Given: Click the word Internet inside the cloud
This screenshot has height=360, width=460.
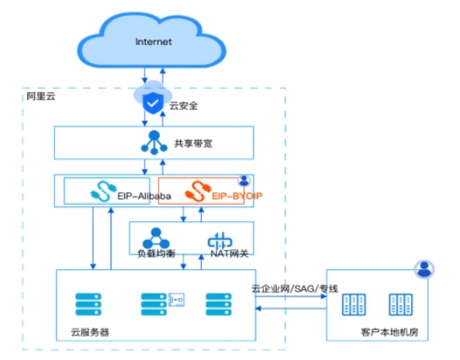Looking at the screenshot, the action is point(154,42).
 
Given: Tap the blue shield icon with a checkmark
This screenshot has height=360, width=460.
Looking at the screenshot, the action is point(153,103).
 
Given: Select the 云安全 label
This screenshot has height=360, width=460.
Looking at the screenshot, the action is point(184,106).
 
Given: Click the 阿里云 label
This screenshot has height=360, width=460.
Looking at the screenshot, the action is point(41,96).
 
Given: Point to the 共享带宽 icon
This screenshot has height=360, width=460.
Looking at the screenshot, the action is point(154,143).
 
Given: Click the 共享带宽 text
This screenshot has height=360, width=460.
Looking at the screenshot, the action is point(193,144).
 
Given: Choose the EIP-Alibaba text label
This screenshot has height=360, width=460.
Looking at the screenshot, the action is point(144,196).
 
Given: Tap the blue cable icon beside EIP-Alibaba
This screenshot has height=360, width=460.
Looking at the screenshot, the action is point(104,192).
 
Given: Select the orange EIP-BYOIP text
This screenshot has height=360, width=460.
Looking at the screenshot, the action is point(237,196).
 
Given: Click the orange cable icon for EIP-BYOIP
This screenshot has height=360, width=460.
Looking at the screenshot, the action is point(198,192).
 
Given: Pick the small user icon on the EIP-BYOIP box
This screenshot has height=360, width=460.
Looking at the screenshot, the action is point(244,181).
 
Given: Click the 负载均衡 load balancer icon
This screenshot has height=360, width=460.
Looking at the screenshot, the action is point(156,238).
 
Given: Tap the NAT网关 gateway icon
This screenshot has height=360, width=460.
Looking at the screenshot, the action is point(220,241).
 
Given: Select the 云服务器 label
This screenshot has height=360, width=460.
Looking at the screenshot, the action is point(90,332).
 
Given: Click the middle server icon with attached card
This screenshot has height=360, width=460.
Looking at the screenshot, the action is point(163,304).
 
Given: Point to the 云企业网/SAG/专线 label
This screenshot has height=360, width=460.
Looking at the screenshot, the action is point(295,289).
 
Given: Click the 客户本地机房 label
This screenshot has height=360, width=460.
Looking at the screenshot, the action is point(389,332).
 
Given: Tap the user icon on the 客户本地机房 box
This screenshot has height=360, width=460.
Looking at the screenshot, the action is point(424,269).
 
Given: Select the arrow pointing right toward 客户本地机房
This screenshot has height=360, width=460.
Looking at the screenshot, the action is point(291,296).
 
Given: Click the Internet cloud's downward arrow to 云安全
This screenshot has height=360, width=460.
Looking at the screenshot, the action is point(144,75).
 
